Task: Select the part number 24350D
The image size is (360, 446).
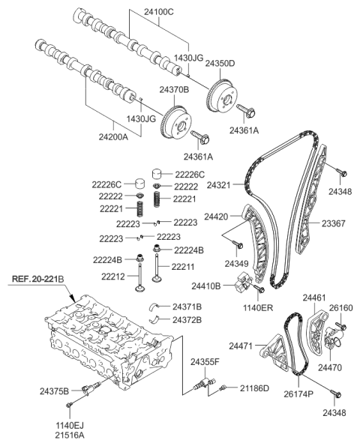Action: (220, 64)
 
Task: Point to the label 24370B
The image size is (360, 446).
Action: (173, 90)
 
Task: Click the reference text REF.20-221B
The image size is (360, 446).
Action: (43, 280)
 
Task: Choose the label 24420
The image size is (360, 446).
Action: (217, 216)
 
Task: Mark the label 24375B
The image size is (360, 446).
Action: (54, 391)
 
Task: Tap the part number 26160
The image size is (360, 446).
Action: (341, 307)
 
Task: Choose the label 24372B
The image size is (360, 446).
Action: (187, 320)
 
